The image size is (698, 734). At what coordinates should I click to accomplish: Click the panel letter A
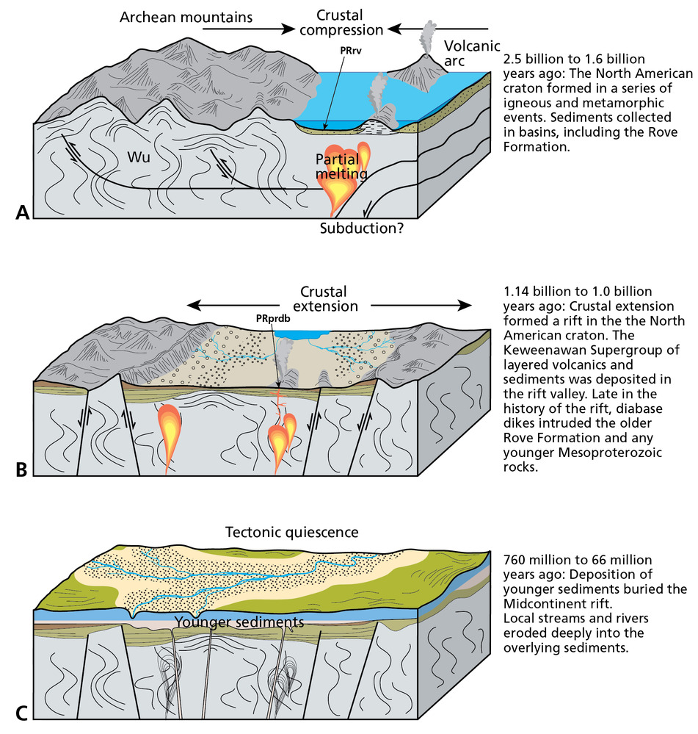(x=22, y=212)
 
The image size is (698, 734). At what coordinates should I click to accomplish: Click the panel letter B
(x=21, y=469)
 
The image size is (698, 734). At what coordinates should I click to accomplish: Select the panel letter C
(x=21, y=712)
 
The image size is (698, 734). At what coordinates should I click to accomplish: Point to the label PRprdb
(x=278, y=319)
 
